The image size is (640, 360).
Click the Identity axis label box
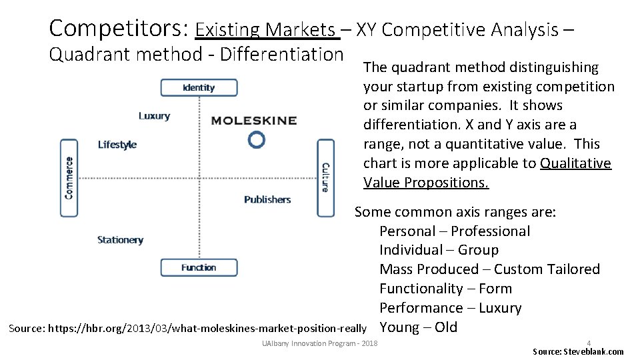(198, 87)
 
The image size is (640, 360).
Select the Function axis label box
(199, 267)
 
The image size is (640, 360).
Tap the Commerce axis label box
(69, 177)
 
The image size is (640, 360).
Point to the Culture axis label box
(325, 177)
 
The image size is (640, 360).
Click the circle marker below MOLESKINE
(256, 139)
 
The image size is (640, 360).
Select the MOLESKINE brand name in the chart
(254, 121)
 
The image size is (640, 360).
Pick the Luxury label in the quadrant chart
(154, 115)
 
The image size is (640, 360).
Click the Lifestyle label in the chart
(117, 145)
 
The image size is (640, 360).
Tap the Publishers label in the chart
(267, 199)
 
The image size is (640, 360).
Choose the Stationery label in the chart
(120, 240)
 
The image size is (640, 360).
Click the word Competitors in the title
(119, 29)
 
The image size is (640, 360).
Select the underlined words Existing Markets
(265, 30)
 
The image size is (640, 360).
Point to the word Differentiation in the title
(281, 54)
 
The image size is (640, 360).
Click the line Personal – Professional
(455, 231)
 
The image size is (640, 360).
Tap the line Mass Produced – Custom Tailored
(489, 269)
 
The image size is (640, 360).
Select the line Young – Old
(418, 327)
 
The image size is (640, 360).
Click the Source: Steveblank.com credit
(578, 351)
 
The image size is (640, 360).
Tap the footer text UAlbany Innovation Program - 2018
(320, 343)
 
